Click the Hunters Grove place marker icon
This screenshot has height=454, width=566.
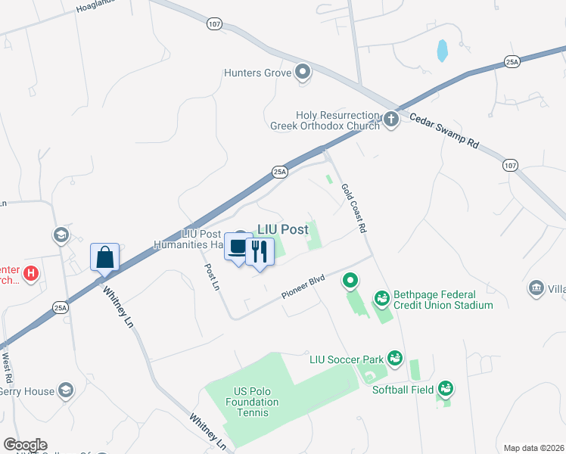coord(303,73)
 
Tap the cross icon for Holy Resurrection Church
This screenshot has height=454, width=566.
coord(390,119)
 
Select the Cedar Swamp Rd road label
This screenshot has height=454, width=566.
coord(445,130)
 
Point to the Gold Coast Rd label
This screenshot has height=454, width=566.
coord(353,207)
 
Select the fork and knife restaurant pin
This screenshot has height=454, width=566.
coord(260,252)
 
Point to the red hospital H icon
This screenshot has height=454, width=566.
coord(31,272)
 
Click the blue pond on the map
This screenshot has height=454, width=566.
coord(441,51)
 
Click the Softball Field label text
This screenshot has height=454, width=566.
coord(403,390)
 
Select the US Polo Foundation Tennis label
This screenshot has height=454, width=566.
coord(252,396)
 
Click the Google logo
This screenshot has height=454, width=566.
coord(25,445)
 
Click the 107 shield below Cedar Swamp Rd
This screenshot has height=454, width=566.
coord(511,164)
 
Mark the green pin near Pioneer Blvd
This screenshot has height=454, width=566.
coord(350,282)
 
